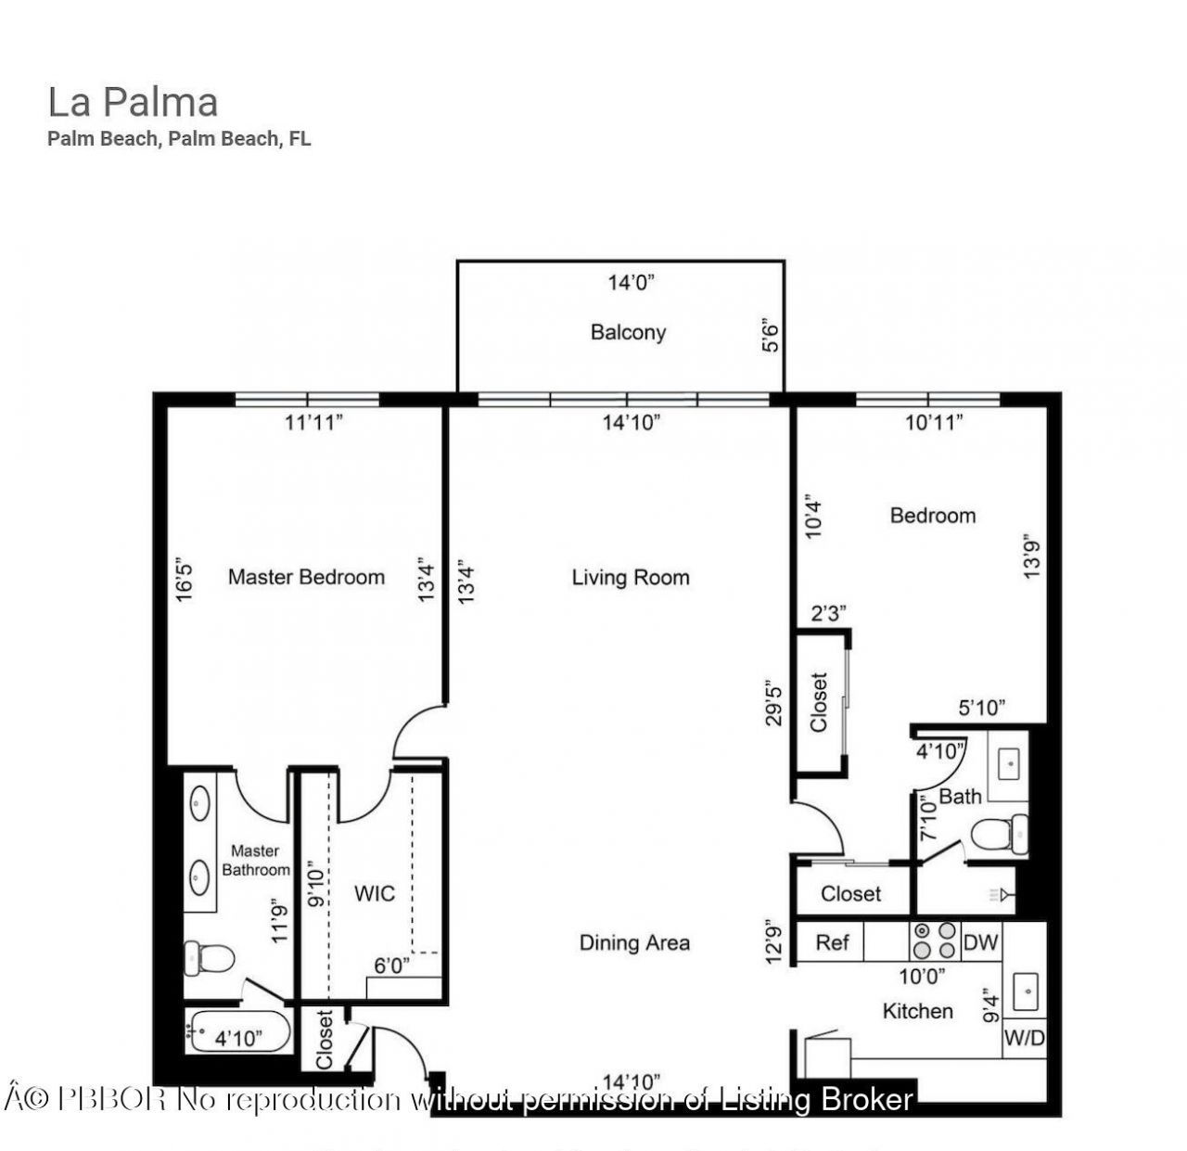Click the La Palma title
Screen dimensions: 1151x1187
tap(133, 102)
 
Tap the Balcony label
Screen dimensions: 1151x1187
tap(628, 332)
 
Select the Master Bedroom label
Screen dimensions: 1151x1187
tap(306, 577)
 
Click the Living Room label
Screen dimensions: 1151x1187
tap(631, 577)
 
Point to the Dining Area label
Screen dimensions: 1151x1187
tap(634, 942)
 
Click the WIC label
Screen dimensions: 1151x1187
tap(375, 893)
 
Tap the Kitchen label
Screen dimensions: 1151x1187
tap(917, 1010)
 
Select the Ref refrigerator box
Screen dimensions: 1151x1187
tap(832, 942)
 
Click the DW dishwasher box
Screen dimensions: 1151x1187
tap(980, 942)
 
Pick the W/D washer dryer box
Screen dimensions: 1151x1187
tap(1024, 1039)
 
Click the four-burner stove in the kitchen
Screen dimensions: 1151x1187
tap(933, 940)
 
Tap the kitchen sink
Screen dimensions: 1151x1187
tap(1025, 991)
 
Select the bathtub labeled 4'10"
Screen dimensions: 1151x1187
tap(237, 1031)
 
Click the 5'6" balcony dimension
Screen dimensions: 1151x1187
tap(770, 336)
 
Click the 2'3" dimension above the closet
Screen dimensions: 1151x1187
tap(828, 613)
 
